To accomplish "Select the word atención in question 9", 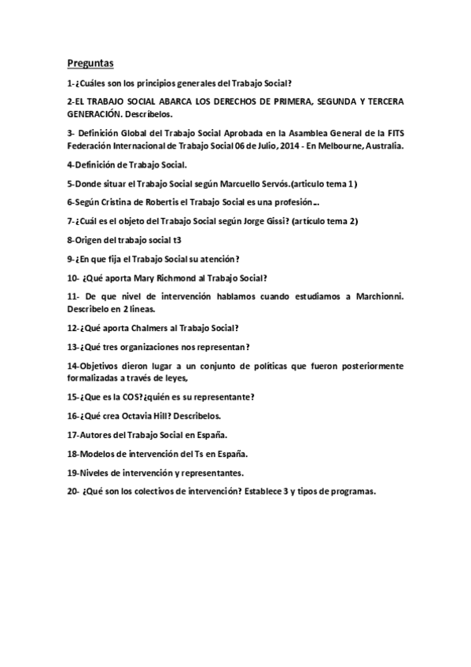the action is (x=219, y=258).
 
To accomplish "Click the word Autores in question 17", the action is (x=94, y=434).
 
